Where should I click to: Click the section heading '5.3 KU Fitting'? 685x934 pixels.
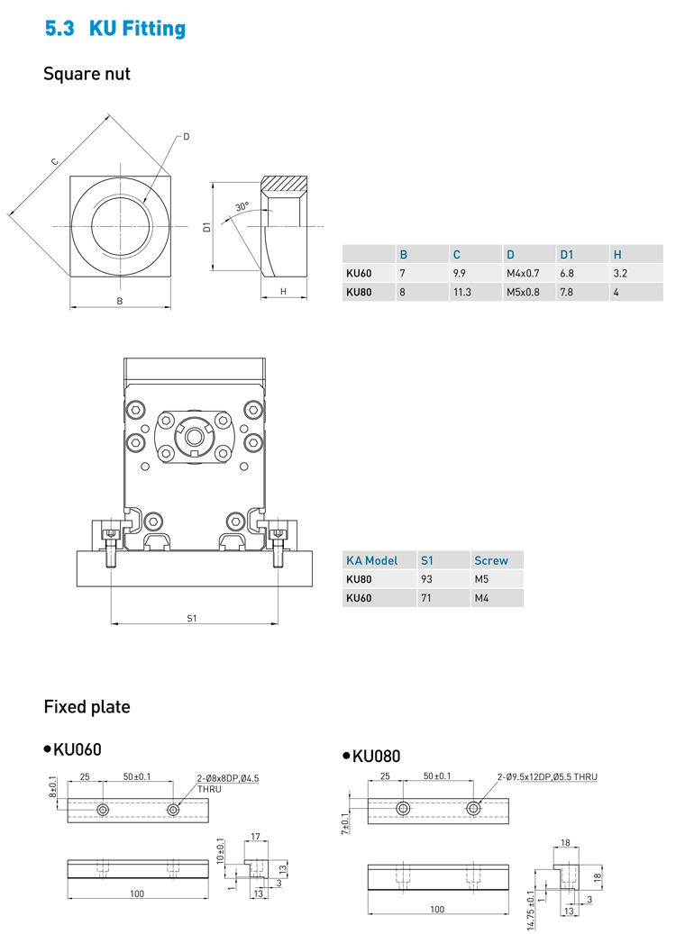[x=115, y=29]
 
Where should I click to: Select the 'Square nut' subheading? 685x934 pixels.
[x=87, y=74]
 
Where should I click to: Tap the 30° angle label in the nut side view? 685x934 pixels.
[x=241, y=206]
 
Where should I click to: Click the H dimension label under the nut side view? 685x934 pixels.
[x=283, y=291]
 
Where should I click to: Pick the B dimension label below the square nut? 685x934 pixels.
[x=119, y=301]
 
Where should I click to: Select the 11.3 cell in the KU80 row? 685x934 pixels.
[x=461, y=292]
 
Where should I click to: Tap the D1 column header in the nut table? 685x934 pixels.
[x=566, y=255]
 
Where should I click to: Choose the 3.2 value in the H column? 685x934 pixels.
[x=619, y=273]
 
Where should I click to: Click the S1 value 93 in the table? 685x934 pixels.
[x=427, y=579]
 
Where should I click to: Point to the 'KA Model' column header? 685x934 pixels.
[x=371, y=560]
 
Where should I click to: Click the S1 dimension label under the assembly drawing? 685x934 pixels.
[x=192, y=618]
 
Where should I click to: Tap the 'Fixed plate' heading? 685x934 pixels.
[x=87, y=707]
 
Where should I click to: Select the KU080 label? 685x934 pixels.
[x=376, y=756]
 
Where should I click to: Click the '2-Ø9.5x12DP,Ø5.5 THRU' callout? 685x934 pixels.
[x=546, y=776]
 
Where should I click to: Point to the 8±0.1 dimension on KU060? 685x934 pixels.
[x=52, y=791]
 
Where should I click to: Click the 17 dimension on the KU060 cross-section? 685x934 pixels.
[x=255, y=837]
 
